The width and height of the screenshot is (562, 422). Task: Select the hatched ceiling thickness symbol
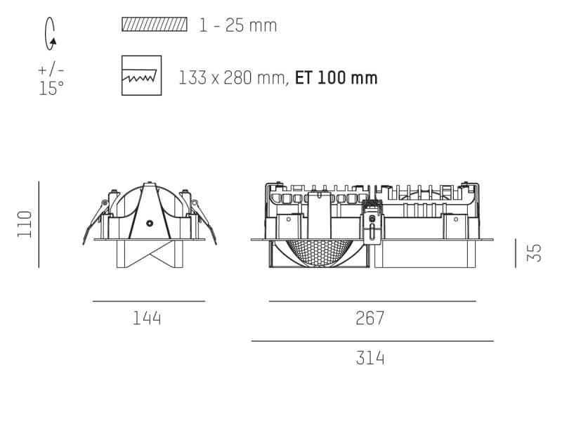(x=155, y=25)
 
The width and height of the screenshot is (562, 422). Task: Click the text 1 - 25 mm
(x=237, y=26)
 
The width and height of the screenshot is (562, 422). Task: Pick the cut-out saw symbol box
(x=141, y=76)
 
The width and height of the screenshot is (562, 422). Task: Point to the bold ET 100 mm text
(x=336, y=77)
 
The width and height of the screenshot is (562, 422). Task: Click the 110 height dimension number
(x=25, y=224)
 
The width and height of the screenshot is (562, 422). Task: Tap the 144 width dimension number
(x=148, y=319)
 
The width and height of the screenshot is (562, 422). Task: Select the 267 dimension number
(x=370, y=319)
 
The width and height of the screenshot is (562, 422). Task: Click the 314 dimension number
(x=370, y=359)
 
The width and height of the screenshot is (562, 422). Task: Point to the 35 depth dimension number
(x=535, y=252)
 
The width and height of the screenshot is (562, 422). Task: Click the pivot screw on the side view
(x=149, y=222)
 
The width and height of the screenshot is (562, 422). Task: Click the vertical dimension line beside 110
(x=39, y=224)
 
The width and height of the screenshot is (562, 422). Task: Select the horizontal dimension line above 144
(x=149, y=301)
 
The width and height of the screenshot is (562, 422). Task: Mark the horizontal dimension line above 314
(x=372, y=341)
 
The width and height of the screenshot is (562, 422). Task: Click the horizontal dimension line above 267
(x=372, y=301)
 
